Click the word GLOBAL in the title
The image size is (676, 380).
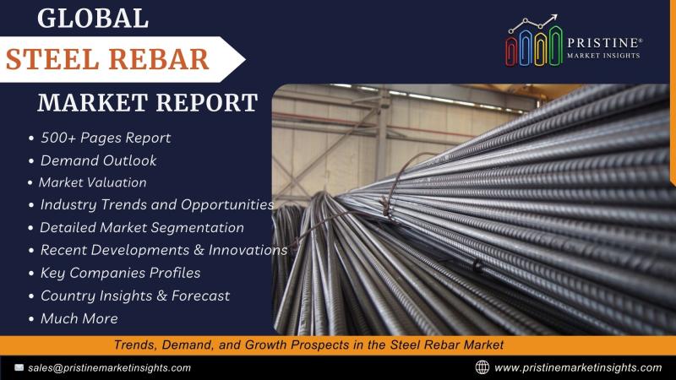pyautogui.click(x=93, y=19)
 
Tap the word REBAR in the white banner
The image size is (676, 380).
pyautogui.click(x=158, y=59)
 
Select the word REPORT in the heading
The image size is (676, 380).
pyautogui.click(x=206, y=102)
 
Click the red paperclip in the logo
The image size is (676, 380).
pyautogui.click(x=511, y=52)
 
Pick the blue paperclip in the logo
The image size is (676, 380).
pyautogui.click(x=525, y=48)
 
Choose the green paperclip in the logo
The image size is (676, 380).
pyautogui.click(x=555, y=46)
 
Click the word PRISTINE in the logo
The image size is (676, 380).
pyautogui.click(x=603, y=43)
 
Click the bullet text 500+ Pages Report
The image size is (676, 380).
pyautogui.click(x=106, y=138)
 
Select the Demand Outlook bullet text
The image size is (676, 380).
pyautogui.click(x=98, y=160)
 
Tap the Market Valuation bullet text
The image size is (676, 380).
pyautogui.click(x=93, y=182)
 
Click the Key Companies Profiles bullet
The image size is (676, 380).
pyautogui.click(x=120, y=273)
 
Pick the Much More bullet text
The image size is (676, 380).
pyautogui.click(x=79, y=318)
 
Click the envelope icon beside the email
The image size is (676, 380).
pyautogui.click(x=19, y=367)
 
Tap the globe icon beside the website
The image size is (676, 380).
pyautogui.click(x=482, y=367)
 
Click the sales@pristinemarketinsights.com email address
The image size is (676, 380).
pyautogui.click(x=110, y=368)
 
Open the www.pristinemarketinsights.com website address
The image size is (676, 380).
pyautogui.click(x=578, y=367)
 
